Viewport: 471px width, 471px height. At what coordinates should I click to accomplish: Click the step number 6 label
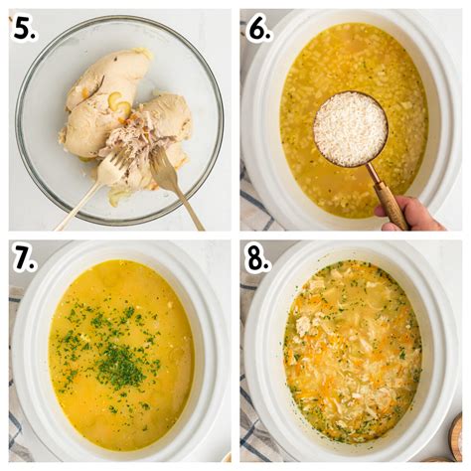pyautogui.click(x=259, y=29)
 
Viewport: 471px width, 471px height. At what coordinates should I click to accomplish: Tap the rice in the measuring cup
pyautogui.click(x=350, y=129)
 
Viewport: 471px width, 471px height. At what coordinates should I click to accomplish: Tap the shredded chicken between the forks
pyautogui.click(x=137, y=144)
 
